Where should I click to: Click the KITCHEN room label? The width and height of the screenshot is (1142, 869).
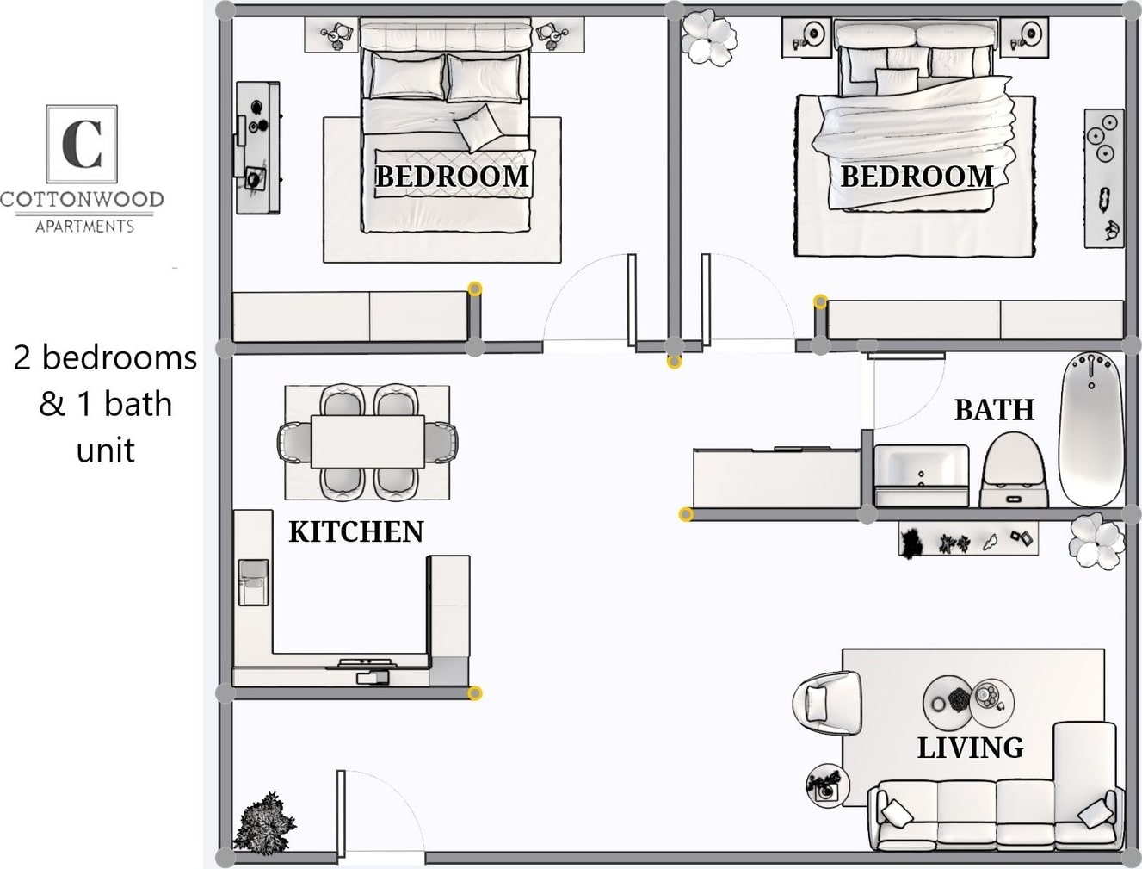(x=355, y=531)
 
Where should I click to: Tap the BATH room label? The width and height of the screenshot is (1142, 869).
(x=994, y=409)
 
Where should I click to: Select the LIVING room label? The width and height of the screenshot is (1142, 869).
(x=970, y=748)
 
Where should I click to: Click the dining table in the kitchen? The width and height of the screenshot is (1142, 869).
(x=367, y=442)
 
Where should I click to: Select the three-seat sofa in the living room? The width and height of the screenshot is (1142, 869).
(x=994, y=814)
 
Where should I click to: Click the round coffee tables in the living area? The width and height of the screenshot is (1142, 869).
(x=967, y=701)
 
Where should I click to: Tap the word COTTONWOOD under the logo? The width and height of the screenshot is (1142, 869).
(x=82, y=200)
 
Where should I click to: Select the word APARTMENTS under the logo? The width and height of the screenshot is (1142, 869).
(x=84, y=227)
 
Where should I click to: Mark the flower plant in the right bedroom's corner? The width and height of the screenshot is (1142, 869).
(x=709, y=37)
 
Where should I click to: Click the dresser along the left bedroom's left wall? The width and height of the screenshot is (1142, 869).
(x=257, y=147)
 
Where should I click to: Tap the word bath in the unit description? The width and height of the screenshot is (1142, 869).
(x=138, y=404)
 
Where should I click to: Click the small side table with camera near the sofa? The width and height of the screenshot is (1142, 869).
(x=827, y=785)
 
